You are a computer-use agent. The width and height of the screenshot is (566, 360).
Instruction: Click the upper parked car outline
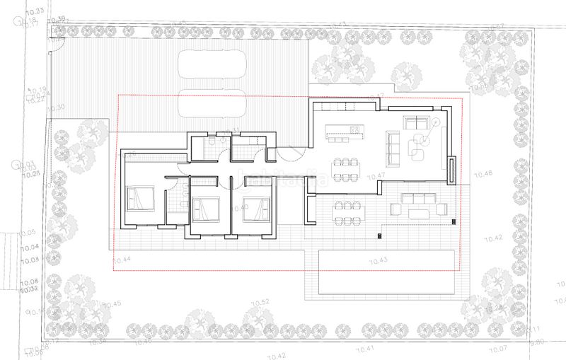pyautogui.click(x=212, y=64)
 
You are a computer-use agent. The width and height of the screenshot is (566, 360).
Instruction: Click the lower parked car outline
pyautogui.click(x=212, y=103)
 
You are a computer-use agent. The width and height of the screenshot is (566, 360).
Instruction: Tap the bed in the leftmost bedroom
pyautogui.click(x=139, y=198)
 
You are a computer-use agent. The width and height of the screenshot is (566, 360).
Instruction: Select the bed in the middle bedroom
pyautogui.click(x=206, y=209)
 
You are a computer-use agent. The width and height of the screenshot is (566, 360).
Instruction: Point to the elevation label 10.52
pyautogui.click(x=260, y=302)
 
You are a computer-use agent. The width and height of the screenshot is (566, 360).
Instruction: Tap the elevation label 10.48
pyautogui.click(x=483, y=173)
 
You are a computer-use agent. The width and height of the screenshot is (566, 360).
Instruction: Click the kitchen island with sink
pyautogui.click(x=343, y=131)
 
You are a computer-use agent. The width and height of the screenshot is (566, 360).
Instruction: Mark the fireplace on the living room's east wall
pyautogui.click(x=451, y=168)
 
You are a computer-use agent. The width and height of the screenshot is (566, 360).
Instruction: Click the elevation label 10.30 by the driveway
pyautogui.click(x=57, y=108)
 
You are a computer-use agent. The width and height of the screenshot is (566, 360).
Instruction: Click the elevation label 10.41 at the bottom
pyautogui.click(x=365, y=349)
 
